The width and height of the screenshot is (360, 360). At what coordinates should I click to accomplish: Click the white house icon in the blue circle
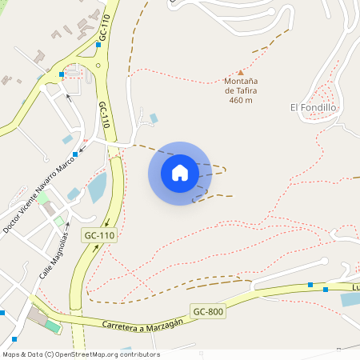point(180,173)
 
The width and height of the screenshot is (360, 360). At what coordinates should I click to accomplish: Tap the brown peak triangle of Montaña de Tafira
point(240,72)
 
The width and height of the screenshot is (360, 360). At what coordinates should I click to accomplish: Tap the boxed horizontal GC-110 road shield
point(98,235)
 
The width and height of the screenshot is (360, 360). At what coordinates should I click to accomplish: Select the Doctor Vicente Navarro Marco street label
point(38,192)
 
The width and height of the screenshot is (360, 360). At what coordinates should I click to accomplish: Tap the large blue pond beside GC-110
point(97,188)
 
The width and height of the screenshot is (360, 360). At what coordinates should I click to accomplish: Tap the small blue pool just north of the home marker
point(154,118)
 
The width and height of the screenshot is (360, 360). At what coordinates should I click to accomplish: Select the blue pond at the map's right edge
point(350,299)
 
